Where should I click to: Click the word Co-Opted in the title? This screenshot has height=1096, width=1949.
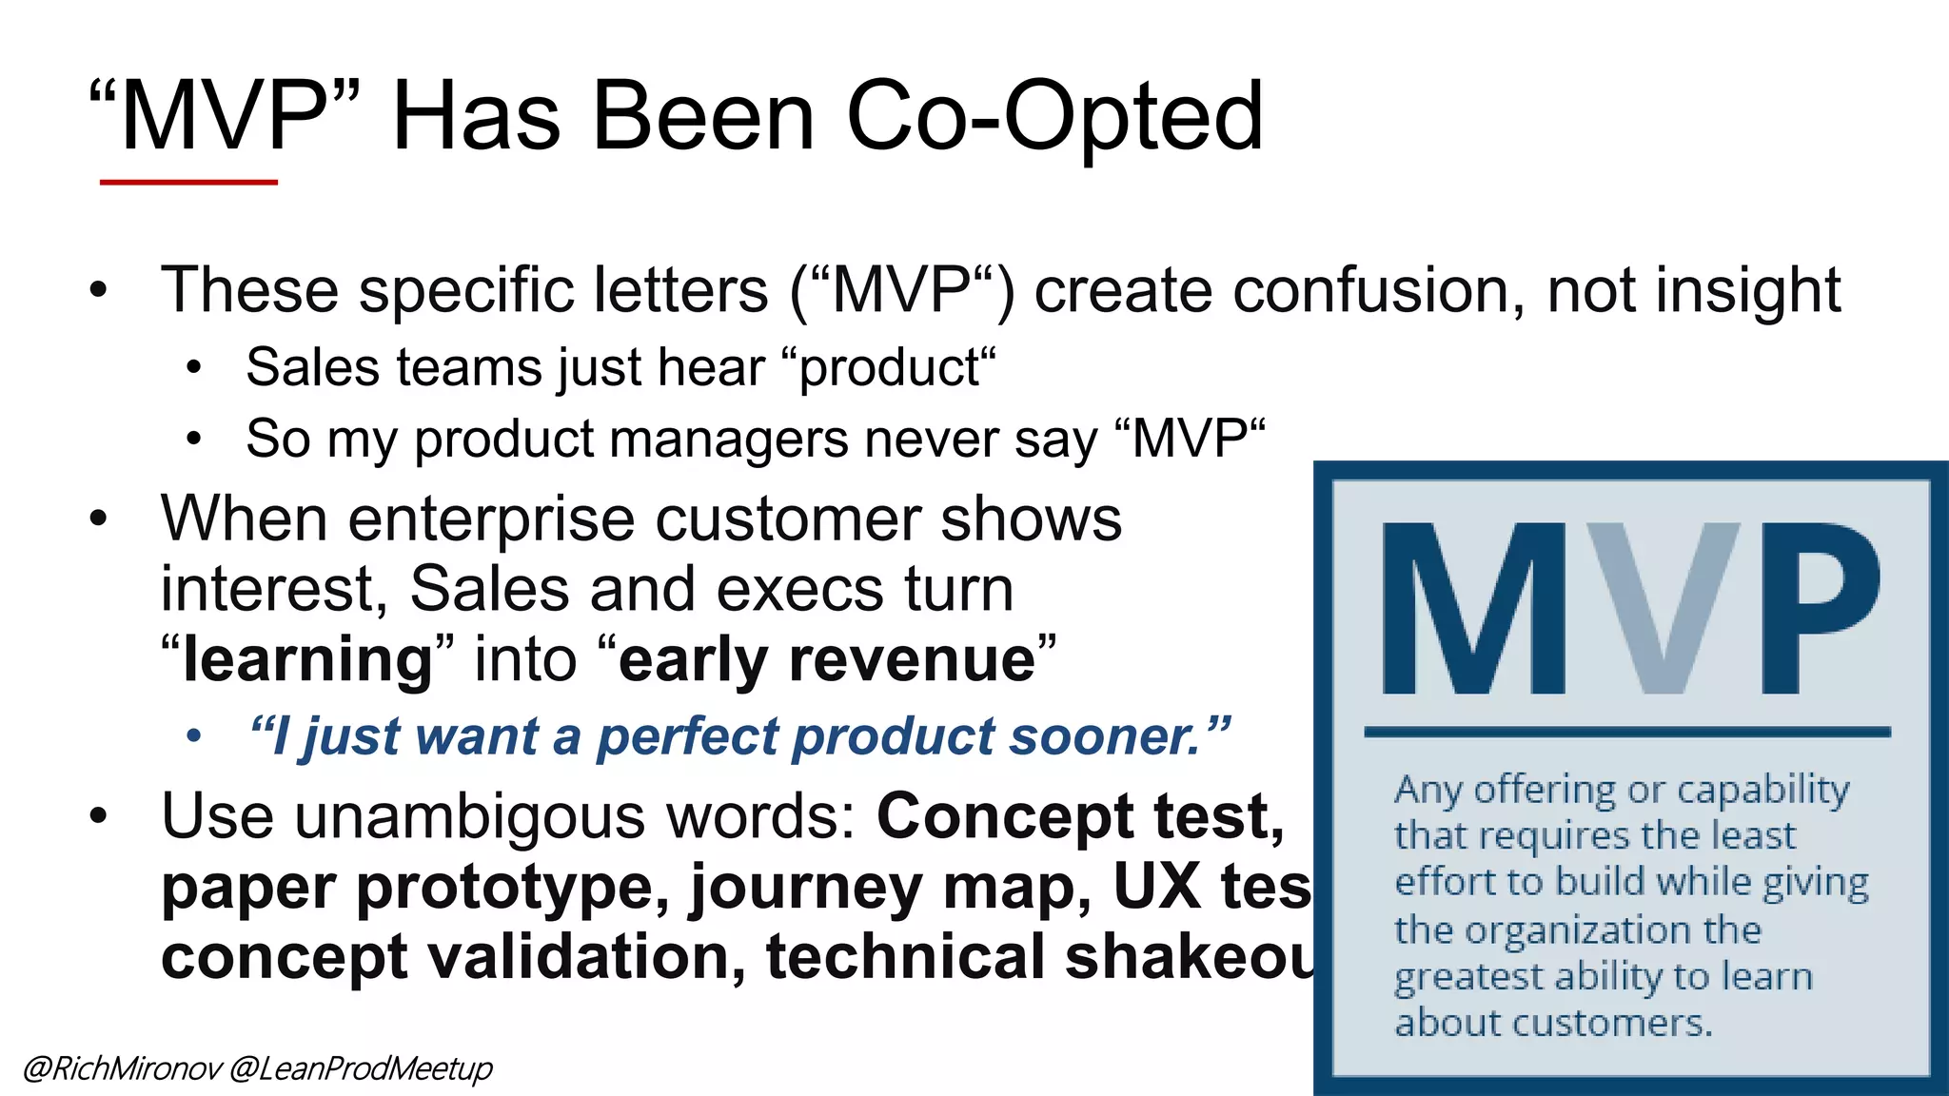[x=1054, y=117]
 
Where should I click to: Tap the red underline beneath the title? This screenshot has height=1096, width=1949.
[x=188, y=182]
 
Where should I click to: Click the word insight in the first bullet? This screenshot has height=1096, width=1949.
[x=1747, y=290]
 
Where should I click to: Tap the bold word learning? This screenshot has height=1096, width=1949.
[x=307, y=659]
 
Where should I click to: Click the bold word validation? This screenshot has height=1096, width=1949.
[x=586, y=957]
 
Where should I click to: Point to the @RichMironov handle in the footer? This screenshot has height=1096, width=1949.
[x=121, y=1068]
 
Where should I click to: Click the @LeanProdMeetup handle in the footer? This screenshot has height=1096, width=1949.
[x=361, y=1068]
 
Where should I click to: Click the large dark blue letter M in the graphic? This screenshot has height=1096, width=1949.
[x=1473, y=609]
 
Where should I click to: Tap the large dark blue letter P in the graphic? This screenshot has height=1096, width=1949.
[x=1818, y=609]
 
